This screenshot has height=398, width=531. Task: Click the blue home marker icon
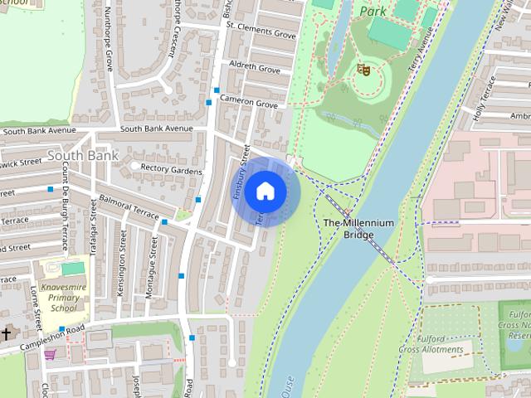point(265,192)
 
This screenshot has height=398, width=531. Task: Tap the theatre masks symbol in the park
point(362,70)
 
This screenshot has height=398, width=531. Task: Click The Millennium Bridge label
point(358,229)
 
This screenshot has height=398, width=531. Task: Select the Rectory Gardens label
point(172,171)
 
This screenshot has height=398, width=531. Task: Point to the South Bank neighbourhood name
point(82,155)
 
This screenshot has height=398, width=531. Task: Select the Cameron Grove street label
point(249,103)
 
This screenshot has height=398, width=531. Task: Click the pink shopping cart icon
point(51,354)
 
